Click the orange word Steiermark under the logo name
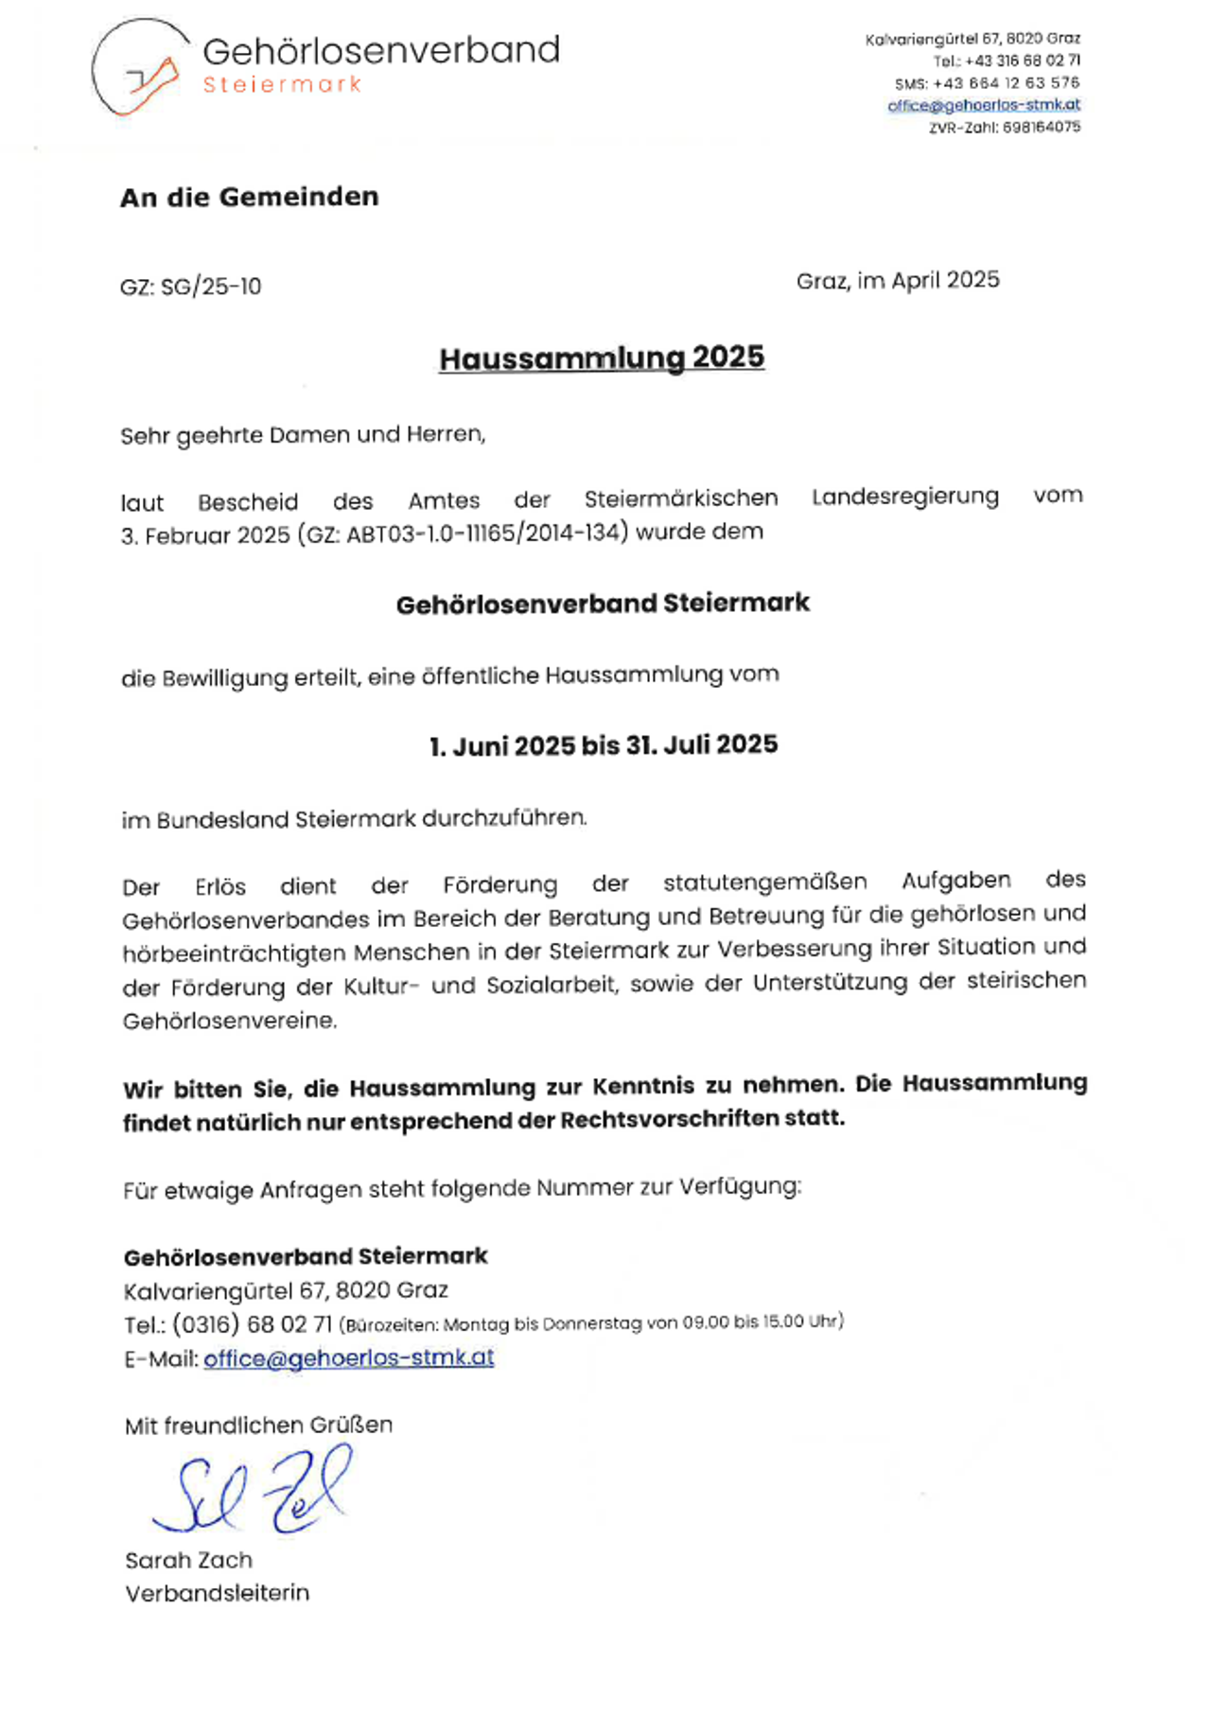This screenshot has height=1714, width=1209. pyautogui.click(x=282, y=85)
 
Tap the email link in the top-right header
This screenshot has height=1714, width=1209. pyautogui.click(x=983, y=105)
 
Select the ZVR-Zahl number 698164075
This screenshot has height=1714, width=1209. pyautogui.click(x=1036, y=127)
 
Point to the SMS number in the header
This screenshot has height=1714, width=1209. pyautogui.click(x=1006, y=83)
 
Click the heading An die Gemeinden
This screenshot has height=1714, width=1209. pyautogui.click(x=249, y=197)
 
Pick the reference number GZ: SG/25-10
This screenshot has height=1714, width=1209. pyautogui.click(x=190, y=287)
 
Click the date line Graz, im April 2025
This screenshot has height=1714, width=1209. pyautogui.click(x=897, y=280)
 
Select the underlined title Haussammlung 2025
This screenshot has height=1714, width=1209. pyautogui.click(x=602, y=358)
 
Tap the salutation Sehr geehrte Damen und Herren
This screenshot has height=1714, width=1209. pyautogui.click(x=303, y=435)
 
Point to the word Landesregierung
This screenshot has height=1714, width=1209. pyautogui.click(x=904, y=497)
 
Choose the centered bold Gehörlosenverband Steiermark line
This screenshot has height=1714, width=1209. pyautogui.click(x=603, y=603)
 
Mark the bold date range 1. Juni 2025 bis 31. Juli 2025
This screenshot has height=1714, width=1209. pyautogui.click(x=603, y=745)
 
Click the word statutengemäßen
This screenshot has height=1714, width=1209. pyautogui.click(x=764, y=882)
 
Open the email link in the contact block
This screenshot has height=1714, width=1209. pyautogui.click(x=348, y=1358)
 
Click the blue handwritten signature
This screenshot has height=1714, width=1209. pyautogui.click(x=252, y=1491)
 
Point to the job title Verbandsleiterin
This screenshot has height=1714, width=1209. pyautogui.click(x=217, y=1593)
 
